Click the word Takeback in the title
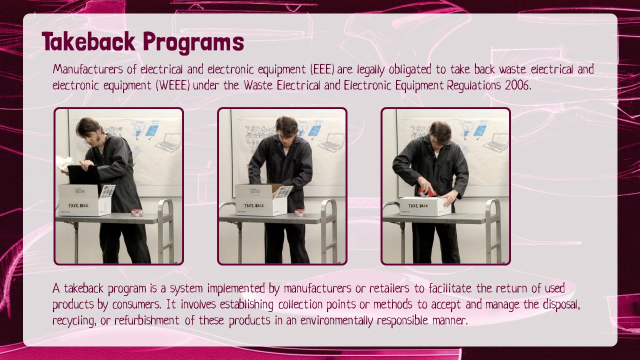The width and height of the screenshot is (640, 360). (88, 41)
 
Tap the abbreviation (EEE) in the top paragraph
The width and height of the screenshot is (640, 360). (322, 69)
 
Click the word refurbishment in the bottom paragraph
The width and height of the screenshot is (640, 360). (147, 320)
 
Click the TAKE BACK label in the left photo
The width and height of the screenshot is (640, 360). (78, 205)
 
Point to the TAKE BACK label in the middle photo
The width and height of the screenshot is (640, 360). (253, 205)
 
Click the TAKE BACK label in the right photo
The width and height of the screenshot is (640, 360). (418, 205)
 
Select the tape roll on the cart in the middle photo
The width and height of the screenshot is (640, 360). (300, 213)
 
